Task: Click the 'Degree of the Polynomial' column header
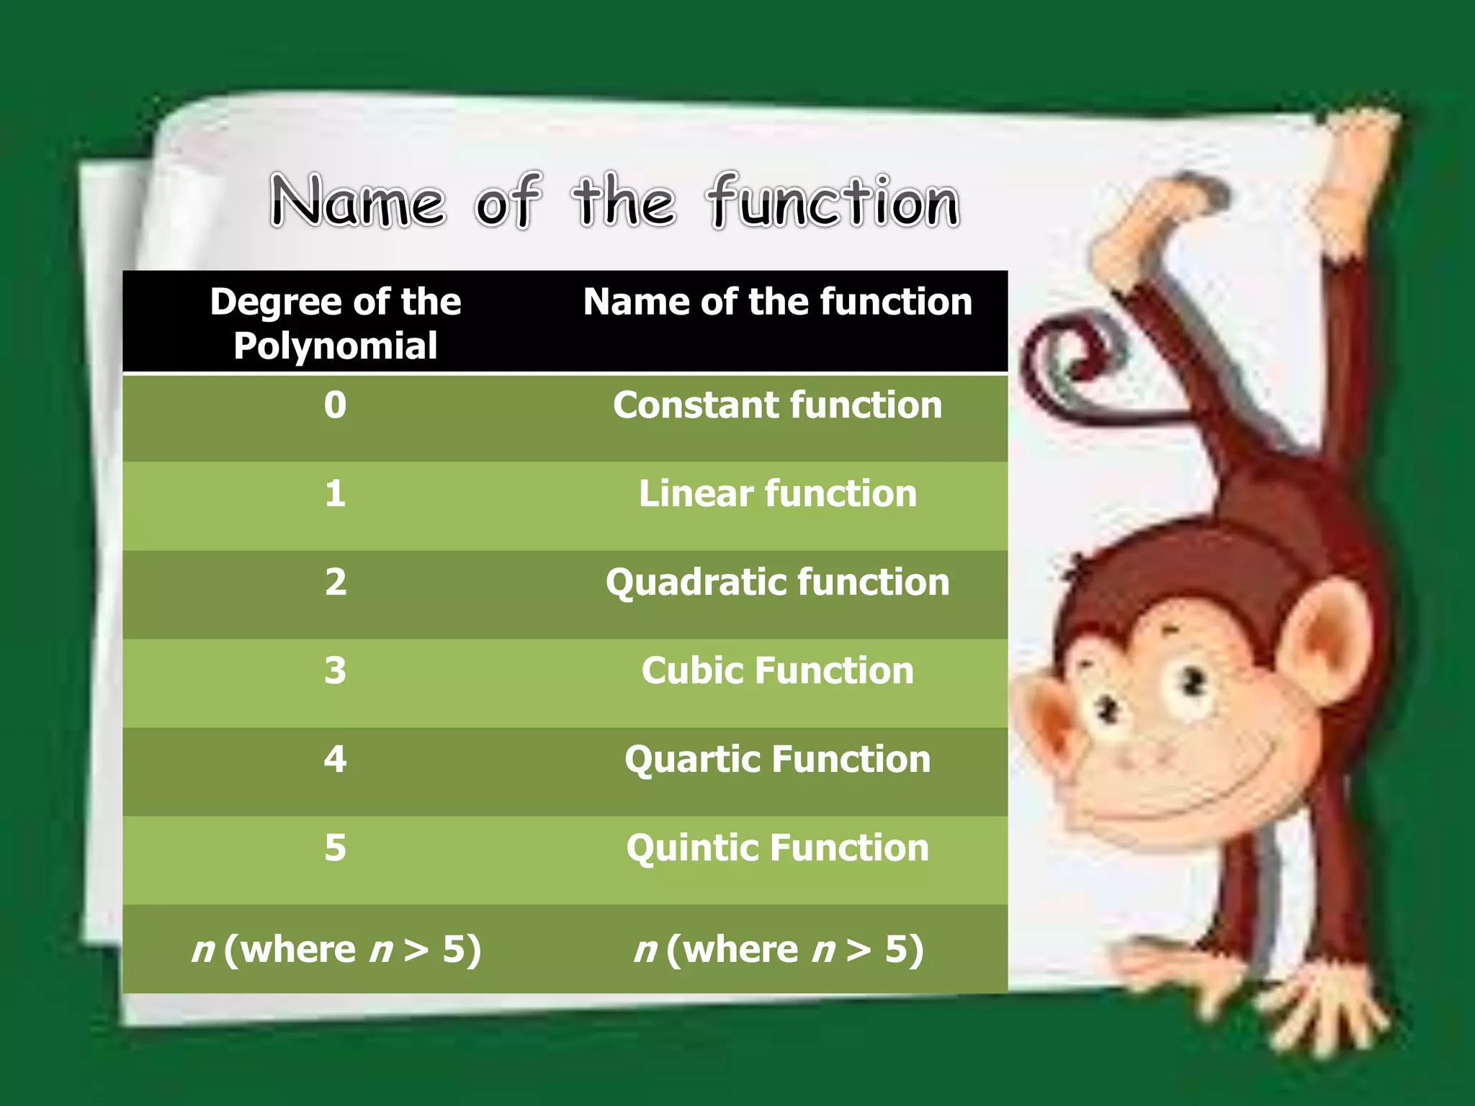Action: tap(336, 323)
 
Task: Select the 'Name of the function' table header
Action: tap(777, 302)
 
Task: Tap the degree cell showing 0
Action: tap(335, 405)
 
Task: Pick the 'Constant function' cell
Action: tap(777, 405)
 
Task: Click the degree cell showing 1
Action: tap(335, 494)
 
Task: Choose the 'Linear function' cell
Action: tap(777, 494)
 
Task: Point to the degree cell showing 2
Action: tap(336, 583)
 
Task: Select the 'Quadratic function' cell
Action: tap(777, 583)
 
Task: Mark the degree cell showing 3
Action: tap(335, 671)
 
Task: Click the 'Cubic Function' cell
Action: tap(777, 671)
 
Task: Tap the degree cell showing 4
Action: tap(335, 760)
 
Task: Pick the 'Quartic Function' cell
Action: tap(777, 760)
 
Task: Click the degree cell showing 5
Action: tap(335, 848)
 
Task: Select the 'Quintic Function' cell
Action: tap(777, 848)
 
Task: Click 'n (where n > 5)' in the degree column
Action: tap(336, 950)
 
